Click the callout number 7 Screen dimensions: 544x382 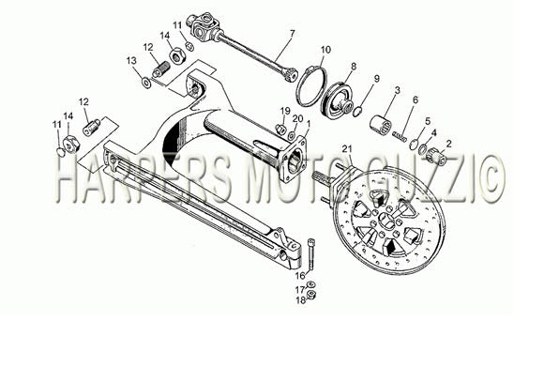pos(292,34)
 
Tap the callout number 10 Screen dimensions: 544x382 pos(325,50)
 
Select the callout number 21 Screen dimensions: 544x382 pos(347,149)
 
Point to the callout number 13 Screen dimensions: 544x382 pos(131,61)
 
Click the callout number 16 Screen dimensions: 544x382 pos(300,276)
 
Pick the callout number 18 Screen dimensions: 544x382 pos(301,300)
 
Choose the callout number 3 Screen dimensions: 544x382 pos(398,90)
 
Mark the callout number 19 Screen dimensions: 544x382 pos(285,111)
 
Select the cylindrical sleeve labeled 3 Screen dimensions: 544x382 pos(380,123)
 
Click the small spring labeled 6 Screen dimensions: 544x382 pos(400,135)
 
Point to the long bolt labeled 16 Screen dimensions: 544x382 pos(310,254)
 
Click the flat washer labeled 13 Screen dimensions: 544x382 pos(146,83)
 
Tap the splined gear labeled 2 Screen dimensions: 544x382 pos(437,157)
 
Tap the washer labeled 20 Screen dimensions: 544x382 pos(292,135)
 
